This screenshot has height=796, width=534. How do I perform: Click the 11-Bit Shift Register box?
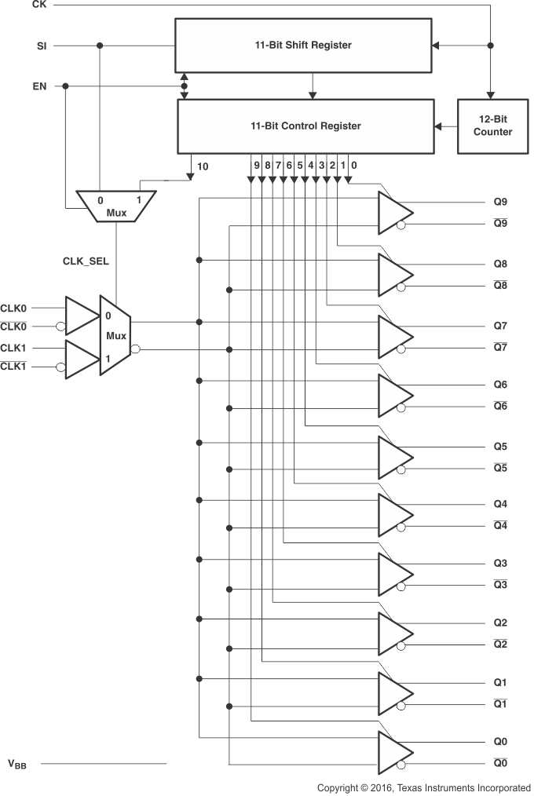[x=302, y=46]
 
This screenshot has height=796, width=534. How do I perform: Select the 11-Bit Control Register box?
[x=305, y=126]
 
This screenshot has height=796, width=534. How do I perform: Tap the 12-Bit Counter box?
[x=492, y=126]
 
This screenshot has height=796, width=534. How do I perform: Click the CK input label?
[x=39, y=5]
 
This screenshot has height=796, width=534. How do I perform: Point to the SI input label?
[x=41, y=46]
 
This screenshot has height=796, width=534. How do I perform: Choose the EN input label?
[x=39, y=86]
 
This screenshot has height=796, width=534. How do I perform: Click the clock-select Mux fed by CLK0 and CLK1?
[x=115, y=335]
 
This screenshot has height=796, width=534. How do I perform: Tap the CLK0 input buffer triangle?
[x=79, y=316]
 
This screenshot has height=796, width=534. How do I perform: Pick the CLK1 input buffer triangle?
[x=79, y=358]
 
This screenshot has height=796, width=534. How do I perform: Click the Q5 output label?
[x=500, y=447]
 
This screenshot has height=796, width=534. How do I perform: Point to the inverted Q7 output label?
[x=500, y=347]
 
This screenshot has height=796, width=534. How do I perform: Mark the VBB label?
[x=17, y=763]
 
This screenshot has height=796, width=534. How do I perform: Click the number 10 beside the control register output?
[x=202, y=166]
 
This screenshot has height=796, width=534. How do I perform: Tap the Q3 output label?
[x=500, y=563]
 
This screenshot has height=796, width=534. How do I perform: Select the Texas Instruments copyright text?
[x=423, y=787]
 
